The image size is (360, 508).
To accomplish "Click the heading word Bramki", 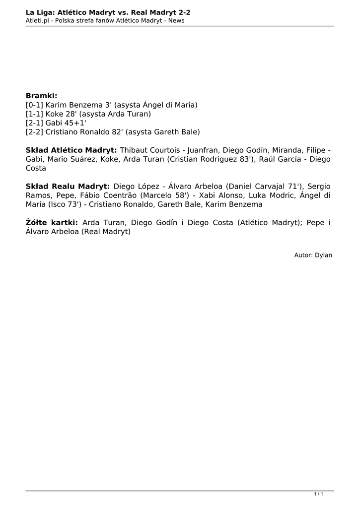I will [x=41, y=95].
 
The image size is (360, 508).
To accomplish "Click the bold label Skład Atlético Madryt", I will [x=71, y=150].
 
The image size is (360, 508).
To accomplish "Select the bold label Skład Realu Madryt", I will [x=68, y=187].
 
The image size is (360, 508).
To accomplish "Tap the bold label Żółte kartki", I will [x=52, y=223].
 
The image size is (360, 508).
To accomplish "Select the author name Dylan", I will [x=323, y=255].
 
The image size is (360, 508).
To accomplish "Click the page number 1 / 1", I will [x=319, y=494].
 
